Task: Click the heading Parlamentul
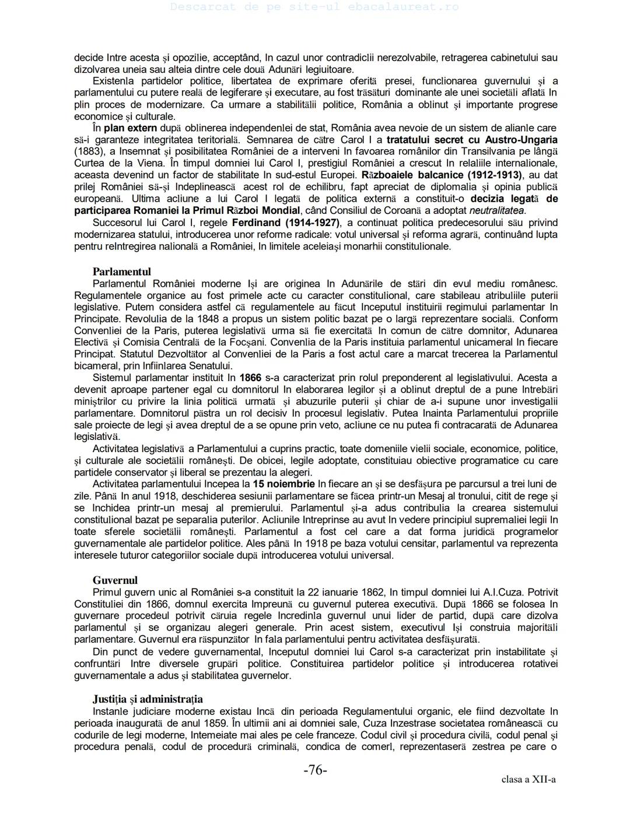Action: pyautogui.click(x=121, y=272)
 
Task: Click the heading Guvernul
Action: pyautogui.click(x=115, y=580)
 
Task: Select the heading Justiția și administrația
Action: pyautogui.click(x=148, y=699)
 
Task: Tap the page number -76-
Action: pyautogui.click(x=315, y=770)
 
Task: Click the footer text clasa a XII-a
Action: pyautogui.click(x=528, y=780)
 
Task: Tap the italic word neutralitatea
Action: pyautogui.click(x=496, y=210)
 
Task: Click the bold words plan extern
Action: pyautogui.click(x=130, y=128)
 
